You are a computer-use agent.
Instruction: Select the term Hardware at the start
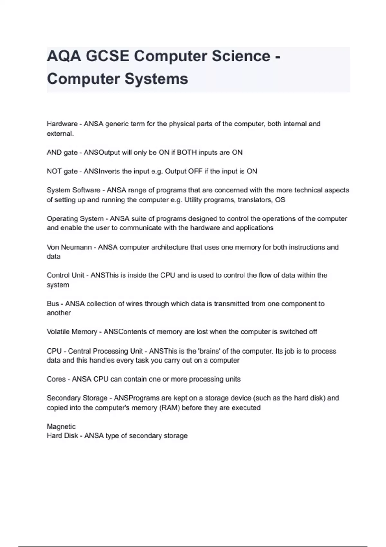[62, 124]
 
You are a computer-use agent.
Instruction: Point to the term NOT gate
[62, 171]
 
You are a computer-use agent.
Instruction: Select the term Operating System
[75, 219]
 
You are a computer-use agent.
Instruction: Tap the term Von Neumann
[69, 247]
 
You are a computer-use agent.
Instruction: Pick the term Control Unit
[66, 275]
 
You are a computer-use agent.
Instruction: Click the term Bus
[53, 304]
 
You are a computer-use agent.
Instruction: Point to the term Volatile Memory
[72, 332]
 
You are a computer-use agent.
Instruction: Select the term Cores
[56, 379]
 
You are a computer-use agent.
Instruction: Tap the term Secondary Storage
[77, 398]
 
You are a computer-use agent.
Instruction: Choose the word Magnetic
[61, 426]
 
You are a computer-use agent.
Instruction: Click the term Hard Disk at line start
[62, 436]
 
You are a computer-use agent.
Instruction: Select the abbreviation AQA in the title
[64, 56]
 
